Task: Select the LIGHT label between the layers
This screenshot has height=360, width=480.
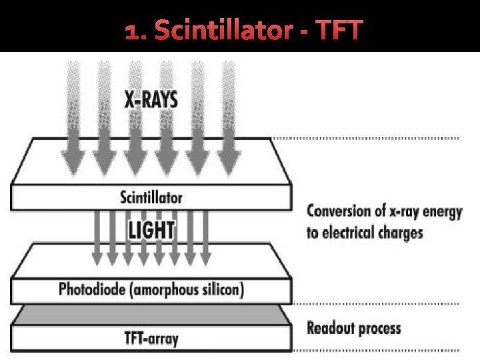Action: [151, 231]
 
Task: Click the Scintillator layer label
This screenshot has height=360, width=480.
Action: [151, 197]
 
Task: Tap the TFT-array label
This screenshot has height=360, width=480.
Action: [151, 339]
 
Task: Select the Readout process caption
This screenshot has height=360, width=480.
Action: [353, 328]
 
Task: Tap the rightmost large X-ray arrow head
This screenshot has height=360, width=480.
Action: [228, 160]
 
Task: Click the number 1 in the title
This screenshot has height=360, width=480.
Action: [132, 31]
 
